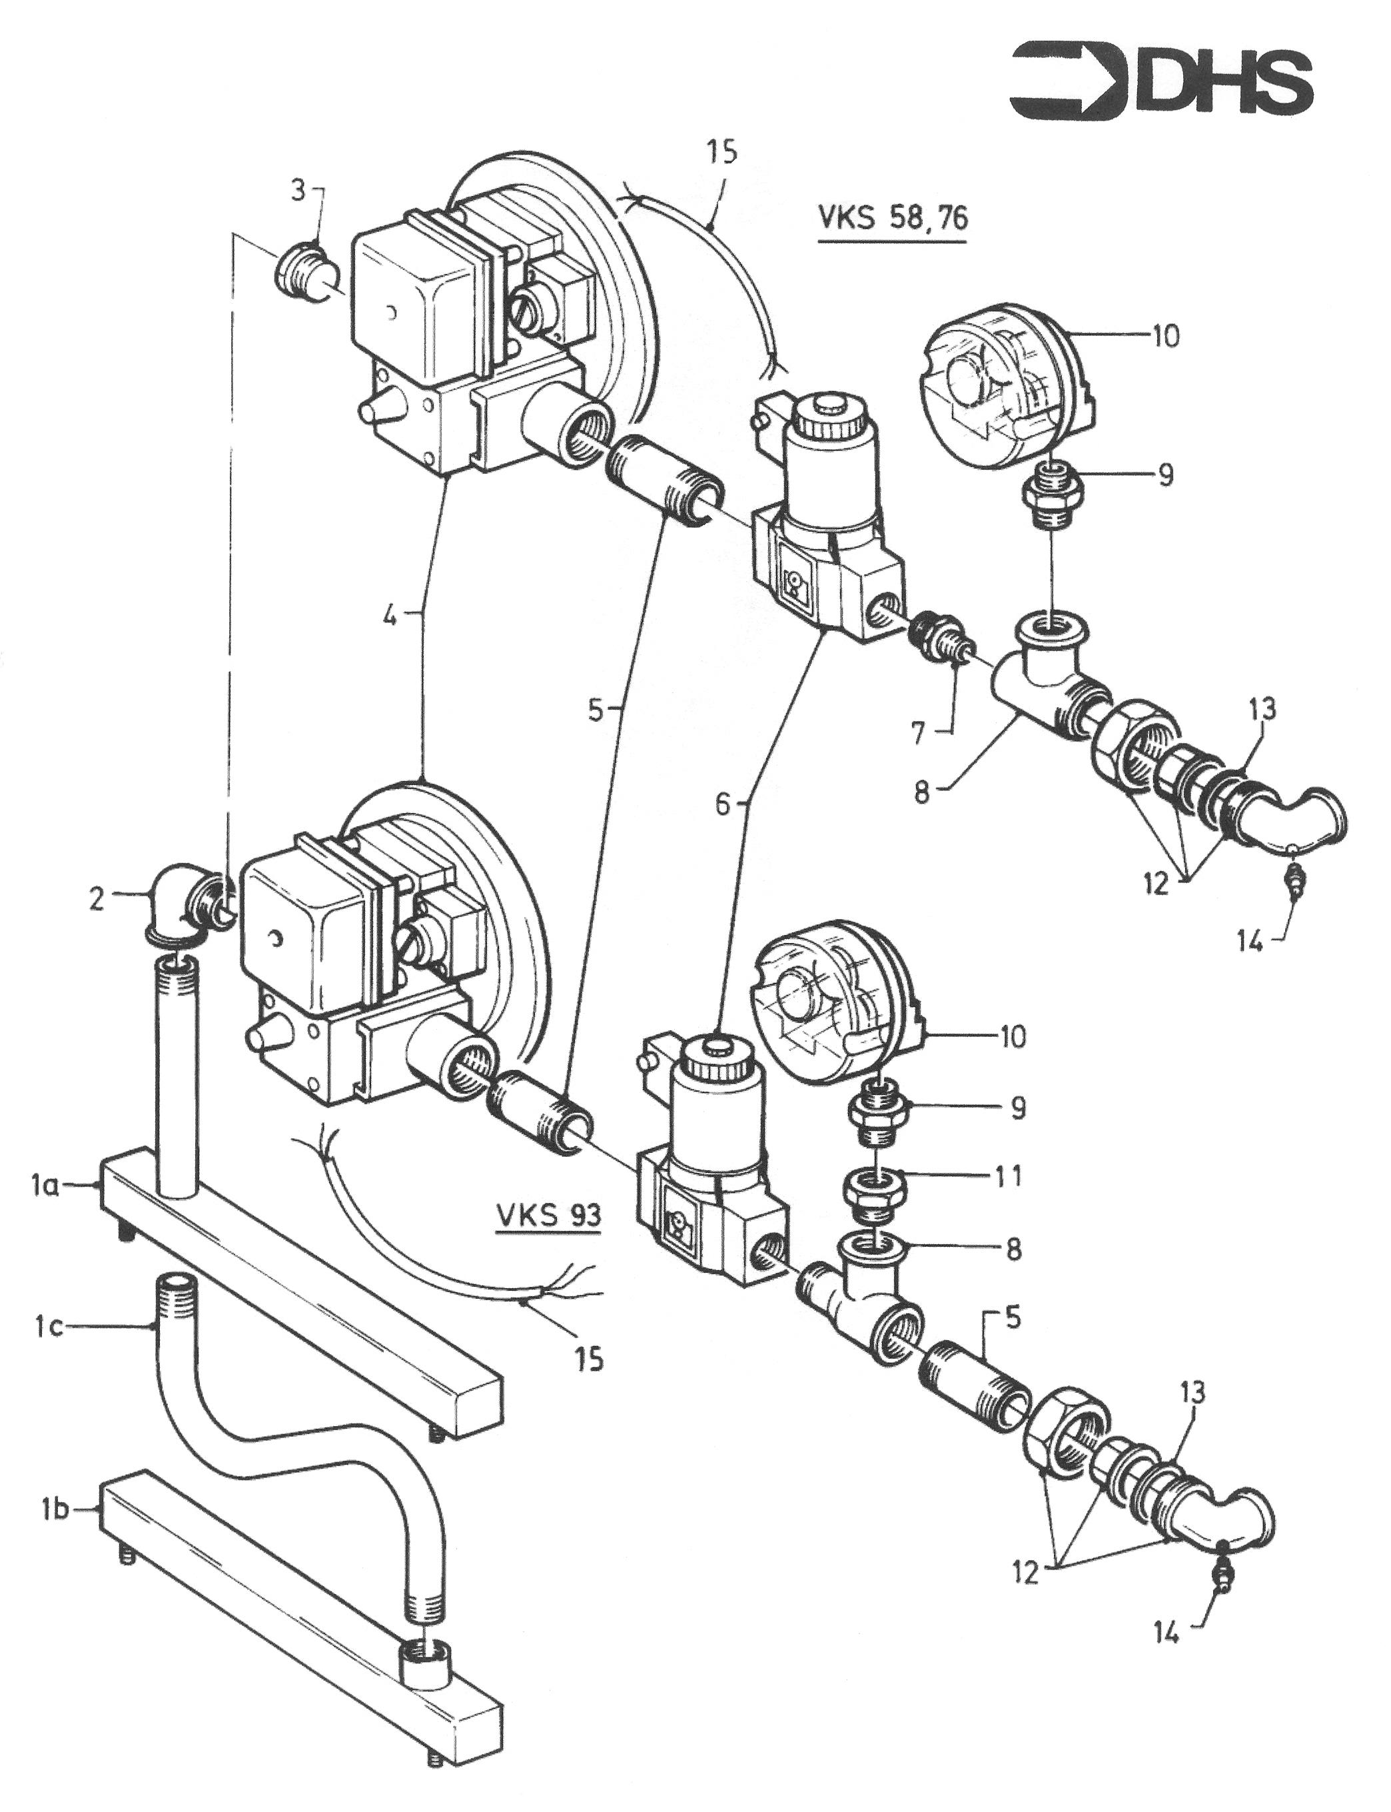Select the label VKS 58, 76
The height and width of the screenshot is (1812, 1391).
point(892,218)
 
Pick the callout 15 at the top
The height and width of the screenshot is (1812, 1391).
point(722,154)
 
